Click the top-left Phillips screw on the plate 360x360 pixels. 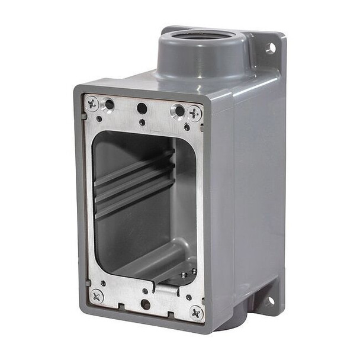click(92, 104)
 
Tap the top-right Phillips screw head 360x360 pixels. click(194, 112)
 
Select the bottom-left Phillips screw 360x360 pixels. click(96, 295)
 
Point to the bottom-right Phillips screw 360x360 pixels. click(197, 312)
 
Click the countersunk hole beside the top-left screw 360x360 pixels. click(108, 105)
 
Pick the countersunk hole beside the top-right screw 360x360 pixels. click(178, 111)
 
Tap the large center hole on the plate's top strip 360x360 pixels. click(142, 108)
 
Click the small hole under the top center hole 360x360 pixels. click(142, 123)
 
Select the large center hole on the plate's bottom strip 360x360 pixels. click(145, 304)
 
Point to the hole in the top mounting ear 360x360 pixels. click(271, 48)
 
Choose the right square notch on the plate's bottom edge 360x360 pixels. click(172, 312)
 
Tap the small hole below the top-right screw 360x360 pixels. click(187, 127)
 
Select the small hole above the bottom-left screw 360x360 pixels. click(104, 282)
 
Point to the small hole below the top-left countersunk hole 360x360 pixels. click(99, 118)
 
